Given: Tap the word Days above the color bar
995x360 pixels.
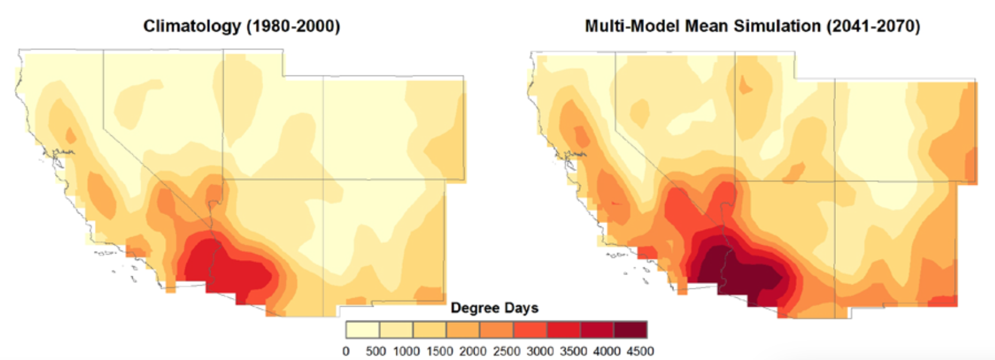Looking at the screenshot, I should tap(521, 308).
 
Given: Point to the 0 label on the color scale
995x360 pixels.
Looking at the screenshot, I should tap(346, 351).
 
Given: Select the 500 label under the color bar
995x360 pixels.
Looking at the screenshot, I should tap(376, 351).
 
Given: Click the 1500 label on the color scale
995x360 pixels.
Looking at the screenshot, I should tap(439, 351).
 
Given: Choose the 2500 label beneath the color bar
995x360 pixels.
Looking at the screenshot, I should tap(506, 351).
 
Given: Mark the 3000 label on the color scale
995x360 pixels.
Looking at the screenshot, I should tap(540, 351).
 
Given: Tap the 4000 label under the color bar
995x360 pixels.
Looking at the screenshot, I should tap(606, 351).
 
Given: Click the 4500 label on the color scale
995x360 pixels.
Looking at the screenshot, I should tap(640, 351).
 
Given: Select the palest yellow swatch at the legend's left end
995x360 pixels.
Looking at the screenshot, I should tap(362, 330).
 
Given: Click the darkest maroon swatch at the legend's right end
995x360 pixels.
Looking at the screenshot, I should tap(630, 330).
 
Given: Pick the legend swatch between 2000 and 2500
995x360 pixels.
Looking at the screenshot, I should tap(496, 330).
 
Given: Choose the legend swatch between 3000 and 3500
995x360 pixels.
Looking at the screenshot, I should tap(563, 330).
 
